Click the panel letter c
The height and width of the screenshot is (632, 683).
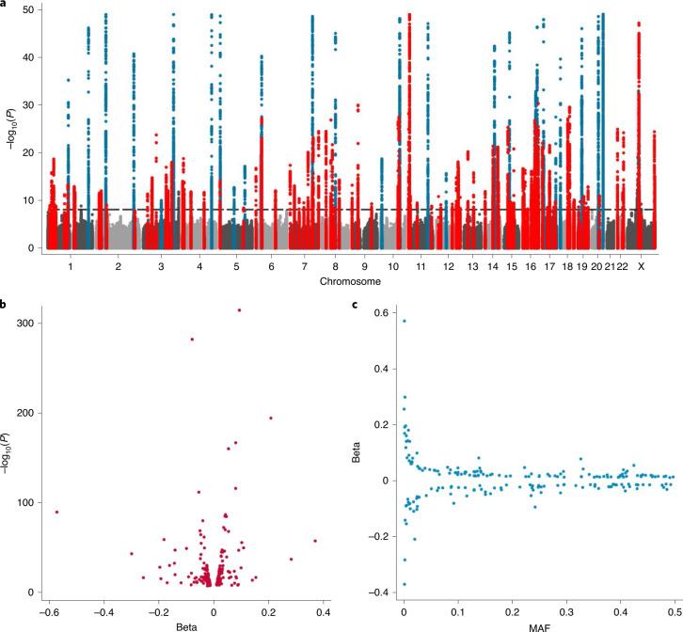point(355,304)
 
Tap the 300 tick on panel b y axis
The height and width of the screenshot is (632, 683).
point(27,323)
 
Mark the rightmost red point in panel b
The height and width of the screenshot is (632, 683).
point(315,541)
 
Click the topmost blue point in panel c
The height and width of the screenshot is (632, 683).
point(404,321)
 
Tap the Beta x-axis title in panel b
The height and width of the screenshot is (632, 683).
point(187,623)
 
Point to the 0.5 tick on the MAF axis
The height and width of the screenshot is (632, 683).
point(674,608)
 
